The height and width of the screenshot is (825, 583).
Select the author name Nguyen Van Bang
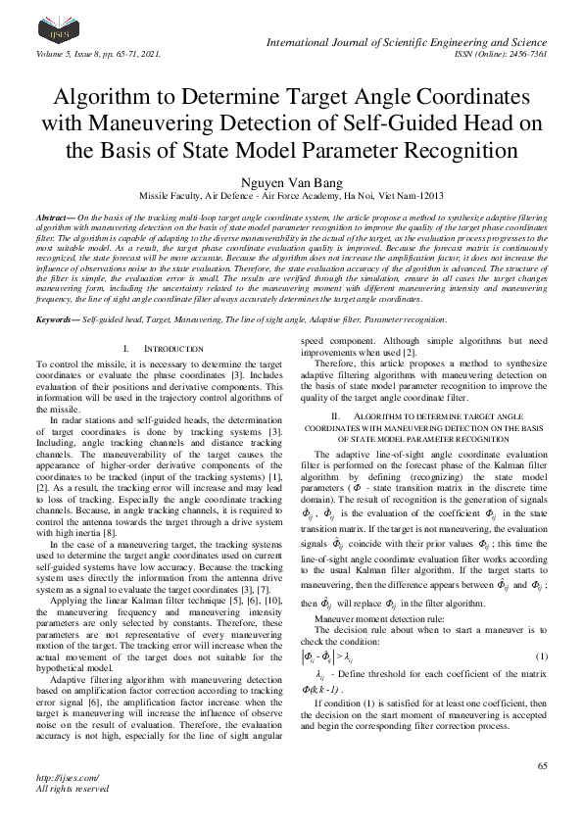(x=291, y=180)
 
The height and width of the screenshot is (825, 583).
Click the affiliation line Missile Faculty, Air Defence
(x=291, y=196)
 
